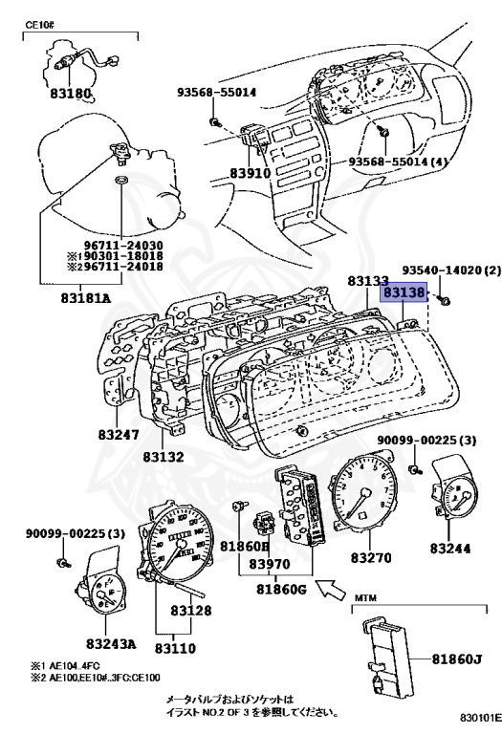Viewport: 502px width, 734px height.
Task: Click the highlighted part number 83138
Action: [x=404, y=292]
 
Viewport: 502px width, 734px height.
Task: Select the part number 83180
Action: [x=71, y=94]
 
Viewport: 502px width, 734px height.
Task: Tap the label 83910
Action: [x=251, y=173]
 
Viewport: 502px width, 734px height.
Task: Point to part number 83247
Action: [x=119, y=435]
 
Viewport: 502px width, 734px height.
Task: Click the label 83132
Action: [x=164, y=456]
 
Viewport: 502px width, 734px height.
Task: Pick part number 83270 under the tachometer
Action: [x=371, y=557]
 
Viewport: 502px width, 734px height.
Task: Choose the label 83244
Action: [x=450, y=548]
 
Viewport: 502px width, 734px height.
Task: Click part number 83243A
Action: [x=111, y=643]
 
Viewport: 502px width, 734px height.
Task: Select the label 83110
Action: [x=175, y=648]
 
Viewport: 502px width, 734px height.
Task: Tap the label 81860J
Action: [x=456, y=659]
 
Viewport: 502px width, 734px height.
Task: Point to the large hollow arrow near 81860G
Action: [x=331, y=589]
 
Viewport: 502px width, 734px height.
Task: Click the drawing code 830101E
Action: [x=479, y=717]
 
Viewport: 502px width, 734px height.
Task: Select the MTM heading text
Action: [x=365, y=597]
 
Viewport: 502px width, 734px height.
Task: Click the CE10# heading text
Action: [x=40, y=24]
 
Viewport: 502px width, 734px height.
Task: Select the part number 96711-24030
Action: [x=123, y=246]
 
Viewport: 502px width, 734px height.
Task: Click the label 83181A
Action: [x=86, y=298]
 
